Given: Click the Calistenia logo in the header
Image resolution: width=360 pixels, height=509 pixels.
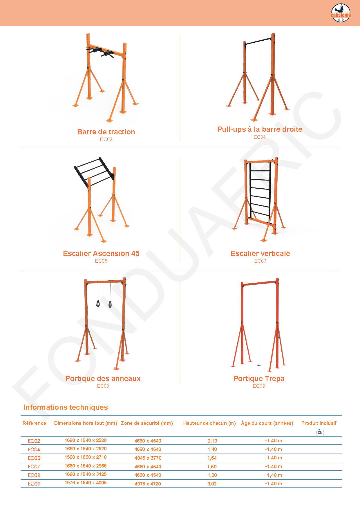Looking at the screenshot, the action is pos(341,13).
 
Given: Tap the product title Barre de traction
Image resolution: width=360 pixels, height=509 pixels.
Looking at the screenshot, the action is pos(106,132).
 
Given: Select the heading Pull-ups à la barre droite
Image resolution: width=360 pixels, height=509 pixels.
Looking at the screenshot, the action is pos(260,129).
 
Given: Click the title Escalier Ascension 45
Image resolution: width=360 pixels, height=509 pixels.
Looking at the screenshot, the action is pos(101,253).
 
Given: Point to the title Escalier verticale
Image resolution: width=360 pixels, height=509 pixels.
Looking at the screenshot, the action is pos(260,253).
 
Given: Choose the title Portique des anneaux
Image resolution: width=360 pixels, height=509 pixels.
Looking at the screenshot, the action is pos(103,378).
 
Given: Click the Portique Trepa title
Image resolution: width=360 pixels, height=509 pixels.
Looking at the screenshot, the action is pos(259,378).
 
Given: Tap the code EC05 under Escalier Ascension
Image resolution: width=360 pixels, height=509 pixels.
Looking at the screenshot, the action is pos(101,261).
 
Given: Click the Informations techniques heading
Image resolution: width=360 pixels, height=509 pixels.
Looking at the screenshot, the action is pos(66,407).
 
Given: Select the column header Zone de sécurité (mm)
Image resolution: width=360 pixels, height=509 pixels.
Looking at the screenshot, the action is pos(147,423).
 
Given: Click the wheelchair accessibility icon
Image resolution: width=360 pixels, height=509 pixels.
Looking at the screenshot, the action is pos(320,432).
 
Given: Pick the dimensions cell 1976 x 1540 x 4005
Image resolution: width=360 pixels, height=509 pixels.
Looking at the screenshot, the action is pos(86,483).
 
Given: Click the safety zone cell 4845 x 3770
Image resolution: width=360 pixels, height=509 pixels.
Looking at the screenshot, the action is pos(148,458).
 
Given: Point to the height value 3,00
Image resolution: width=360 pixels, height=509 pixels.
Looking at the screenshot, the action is pos(212,484).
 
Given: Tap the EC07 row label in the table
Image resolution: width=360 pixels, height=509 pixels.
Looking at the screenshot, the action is pos(34,467).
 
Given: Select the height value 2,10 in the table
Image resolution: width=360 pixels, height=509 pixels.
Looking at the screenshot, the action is pos(212,441).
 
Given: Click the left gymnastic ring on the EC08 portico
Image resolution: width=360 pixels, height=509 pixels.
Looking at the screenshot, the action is pos(98,304).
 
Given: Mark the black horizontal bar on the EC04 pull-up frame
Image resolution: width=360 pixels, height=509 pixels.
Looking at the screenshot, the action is pos(258,41).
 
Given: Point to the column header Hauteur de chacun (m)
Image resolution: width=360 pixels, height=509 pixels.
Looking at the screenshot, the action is pos(209,423).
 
